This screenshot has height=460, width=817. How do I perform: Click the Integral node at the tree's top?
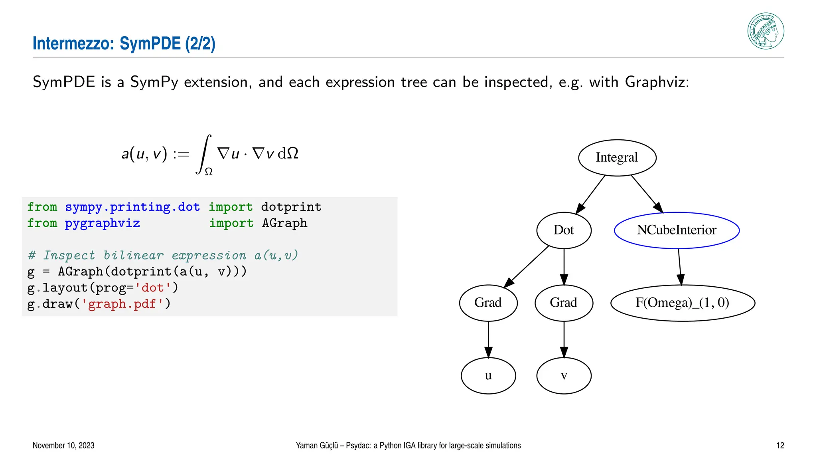pyautogui.click(x=617, y=157)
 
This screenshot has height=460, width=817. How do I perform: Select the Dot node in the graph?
pyautogui.click(x=563, y=230)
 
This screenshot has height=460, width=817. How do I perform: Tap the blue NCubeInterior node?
pyautogui.click(x=677, y=230)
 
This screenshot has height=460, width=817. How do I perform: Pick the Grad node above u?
pyautogui.click(x=488, y=303)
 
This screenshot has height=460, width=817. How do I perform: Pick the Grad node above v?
pyautogui.click(x=563, y=303)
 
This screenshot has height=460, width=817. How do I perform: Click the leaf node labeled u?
pyautogui.click(x=488, y=375)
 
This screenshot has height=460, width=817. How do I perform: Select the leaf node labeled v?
pyautogui.click(x=563, y=375)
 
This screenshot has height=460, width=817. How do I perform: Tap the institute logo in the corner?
pyautogui.click(x=765, y=31)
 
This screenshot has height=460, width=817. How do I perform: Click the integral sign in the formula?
pyautogui.click(x=204, y=154)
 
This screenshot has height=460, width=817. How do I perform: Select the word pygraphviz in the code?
pyautogui.click(x=102, y=223)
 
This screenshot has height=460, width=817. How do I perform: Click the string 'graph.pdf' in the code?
pyautogui.click(x=122, y=304)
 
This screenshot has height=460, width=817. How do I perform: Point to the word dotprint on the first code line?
pyautogui.click(x=291, y=207)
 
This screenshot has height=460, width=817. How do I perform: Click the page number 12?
pyautogui.click(x=780, y=445)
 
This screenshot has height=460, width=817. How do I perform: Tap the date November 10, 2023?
pyautogui.click(x=63, y=445)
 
